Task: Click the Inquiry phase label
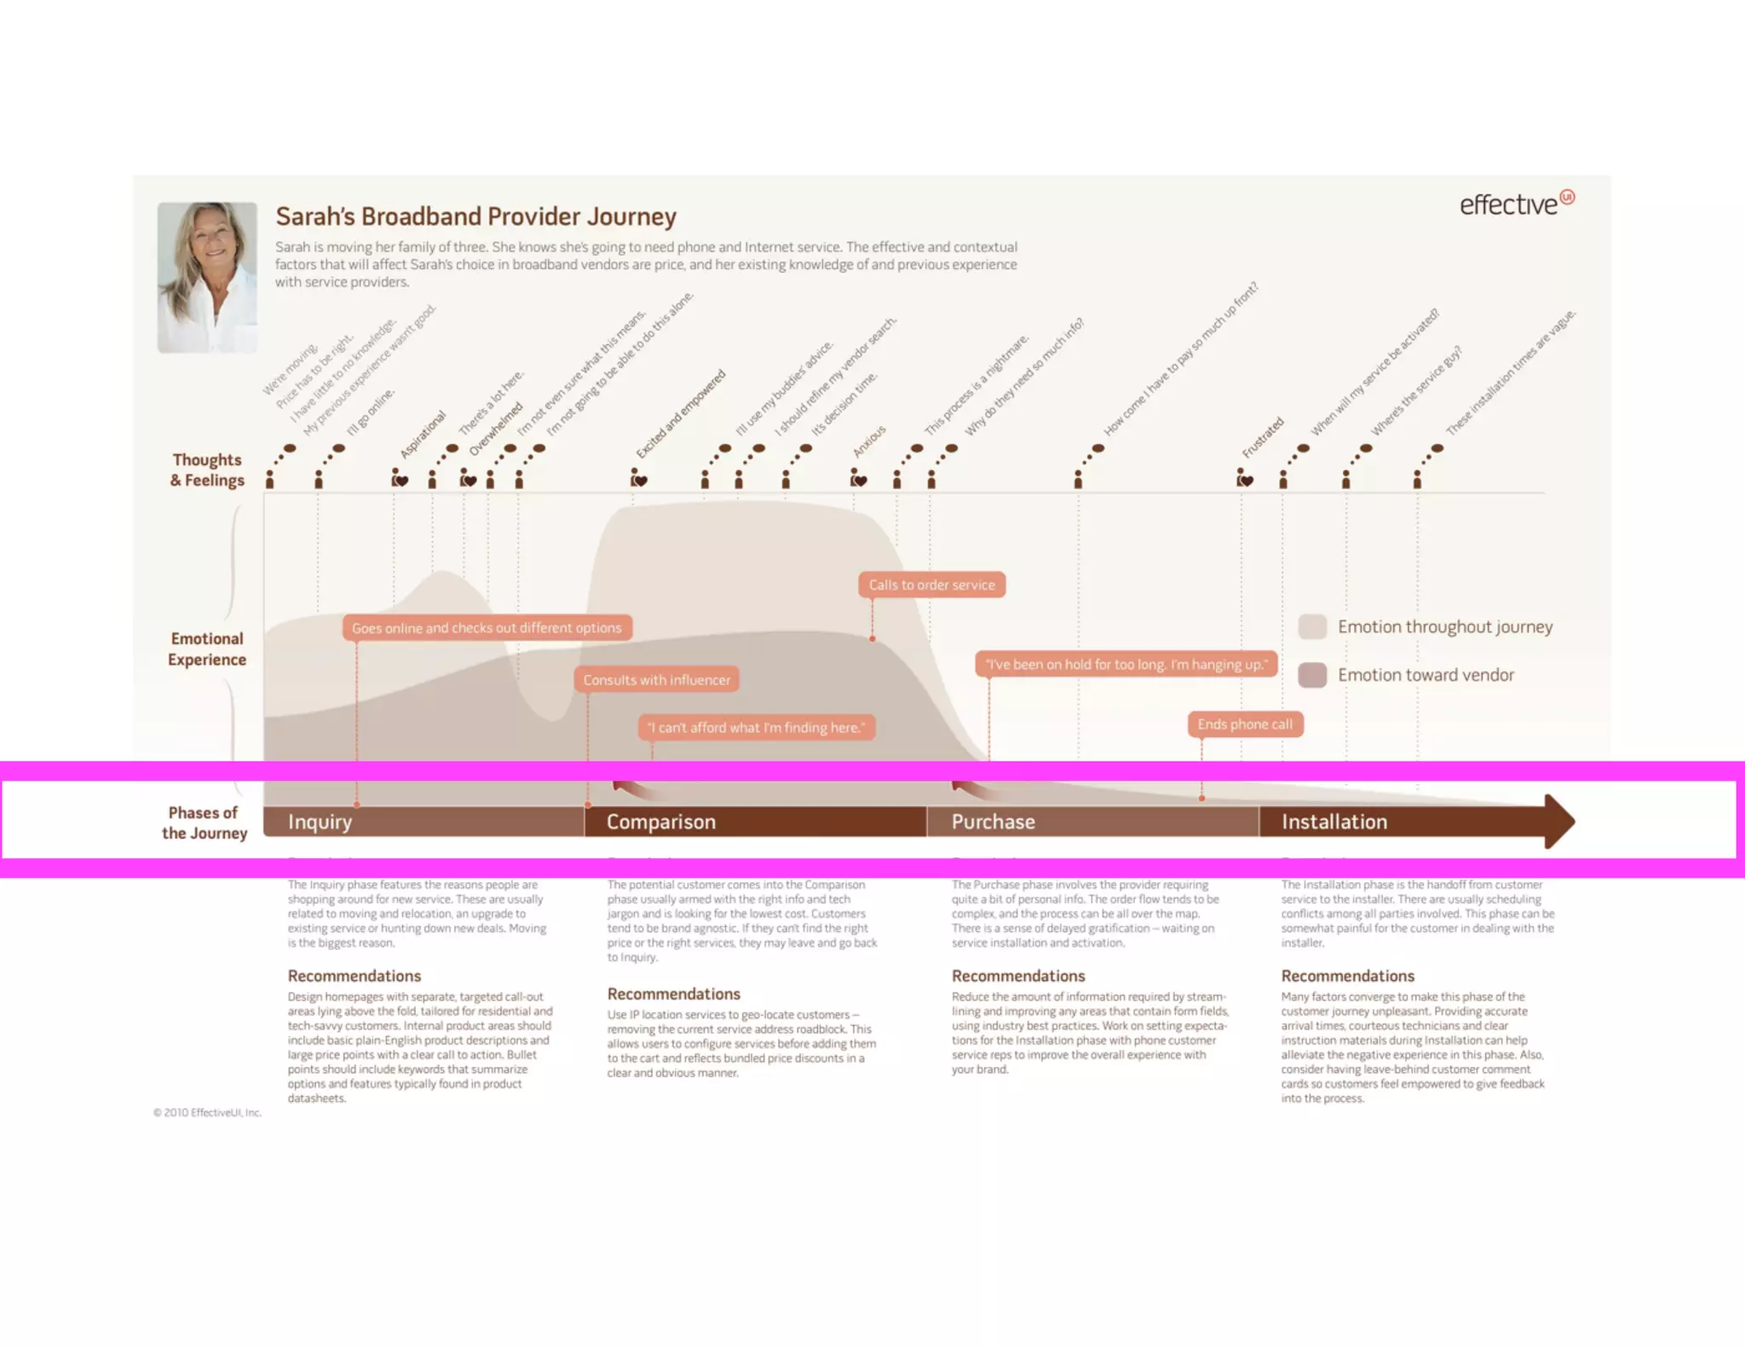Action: pyautogui.click(x=320, y=821)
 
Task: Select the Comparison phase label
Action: pyautogui.click(x=661, y=821)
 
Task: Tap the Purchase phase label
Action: pyautogui.click(x=993, y=821)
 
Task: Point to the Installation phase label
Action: pyautogui.click(x=1334, y=821)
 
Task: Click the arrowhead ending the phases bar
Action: pyautogui.click(x=1559, y=821)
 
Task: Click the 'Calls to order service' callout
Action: pyautogui.click(x=931, y=585)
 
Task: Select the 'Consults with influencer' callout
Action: pyautogui.click(x=656, y=680)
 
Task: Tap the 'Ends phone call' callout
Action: pyautogui.click(x=1245, y=724)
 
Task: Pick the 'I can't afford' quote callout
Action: pyautogui.click(x=756, y=728)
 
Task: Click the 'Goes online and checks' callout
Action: pyautogui.click(x=487, y=628)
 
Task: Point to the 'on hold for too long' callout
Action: pyautogui.click(x=1126, y=665)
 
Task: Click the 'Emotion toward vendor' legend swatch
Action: pyautogui.click(x=1312, y=675)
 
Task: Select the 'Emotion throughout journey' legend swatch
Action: pyautogui.click(x=1312, y=626)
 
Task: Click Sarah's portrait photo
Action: pyautogui.click(x=207, y=277)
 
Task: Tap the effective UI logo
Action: pyautogui.click(x=1517, y=204)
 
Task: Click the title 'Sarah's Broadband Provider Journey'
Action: pyautogui.click(x=475, y=216)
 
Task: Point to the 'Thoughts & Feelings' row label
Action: pyautogui.click(x=207, y=470)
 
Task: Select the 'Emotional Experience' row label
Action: pyautogui.click(x=207, y=649)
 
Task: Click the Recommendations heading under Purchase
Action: pyautogui.click(x=1018, y=976)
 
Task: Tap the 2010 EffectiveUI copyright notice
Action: pyautogui.click(x=207, y=1113)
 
